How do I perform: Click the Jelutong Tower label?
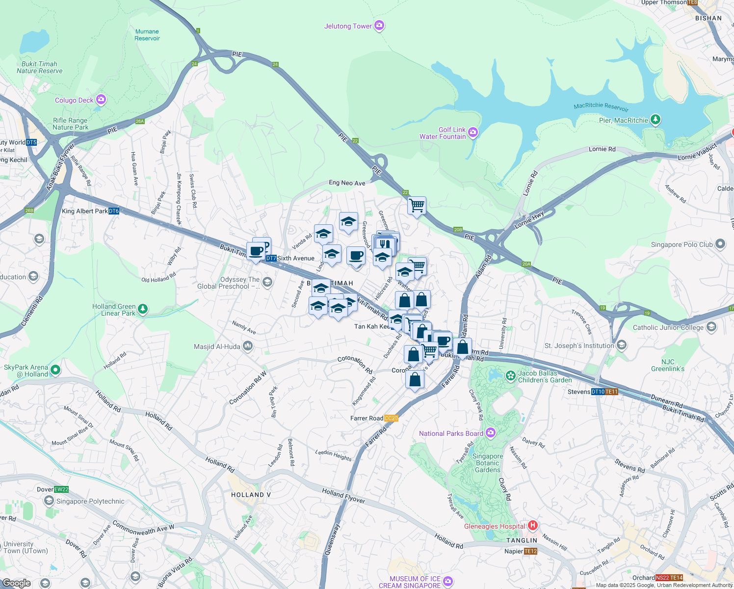pos(348,26)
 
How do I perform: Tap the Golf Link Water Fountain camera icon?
pos(472,132)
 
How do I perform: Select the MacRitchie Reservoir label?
pos(601,106)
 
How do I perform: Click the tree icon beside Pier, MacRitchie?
pos(655,120)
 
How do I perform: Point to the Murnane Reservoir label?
pos(147,35)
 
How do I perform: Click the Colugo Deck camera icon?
pos(101,100)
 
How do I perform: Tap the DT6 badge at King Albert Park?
pos(114,211)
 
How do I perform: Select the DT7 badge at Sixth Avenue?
pos(271,258)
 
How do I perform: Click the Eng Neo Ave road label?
pos(347,183)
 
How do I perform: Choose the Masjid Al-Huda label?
pos(217,347)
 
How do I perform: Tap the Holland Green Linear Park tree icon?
pos(142,309)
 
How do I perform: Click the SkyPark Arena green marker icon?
pos(55,370)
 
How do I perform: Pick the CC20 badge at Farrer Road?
pos(392,418)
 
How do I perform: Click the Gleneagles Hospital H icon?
pos(533,526)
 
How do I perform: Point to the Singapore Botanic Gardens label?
pos(488,463)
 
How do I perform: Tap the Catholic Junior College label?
pos(668,327)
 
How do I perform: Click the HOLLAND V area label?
pos(251,495)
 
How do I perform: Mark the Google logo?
pos(16,583)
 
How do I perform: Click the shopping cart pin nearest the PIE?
pos(417,205)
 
